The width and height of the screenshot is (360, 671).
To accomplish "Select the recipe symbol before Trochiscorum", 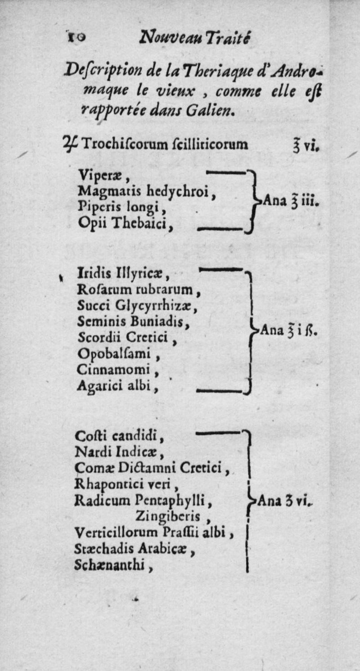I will coord(71,144).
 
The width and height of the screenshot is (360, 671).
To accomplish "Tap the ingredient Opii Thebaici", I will coord(126,222).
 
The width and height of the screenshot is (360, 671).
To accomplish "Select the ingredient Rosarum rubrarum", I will coord(138,287).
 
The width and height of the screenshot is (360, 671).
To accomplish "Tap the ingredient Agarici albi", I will coord(117,385).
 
